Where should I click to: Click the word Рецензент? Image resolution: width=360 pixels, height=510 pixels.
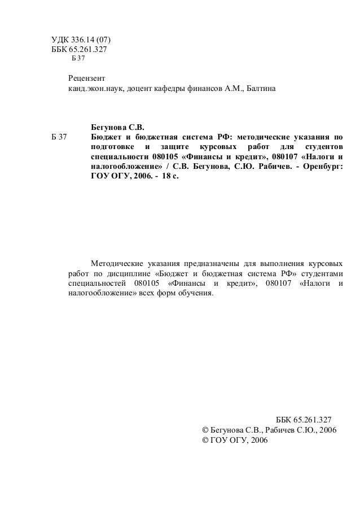pos(86,78)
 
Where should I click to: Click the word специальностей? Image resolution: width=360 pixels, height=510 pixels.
pos(95,284)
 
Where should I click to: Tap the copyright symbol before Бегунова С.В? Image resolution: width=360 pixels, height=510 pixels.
pos(205,430)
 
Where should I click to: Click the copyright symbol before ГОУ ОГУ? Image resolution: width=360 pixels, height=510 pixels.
pos(205,440)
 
